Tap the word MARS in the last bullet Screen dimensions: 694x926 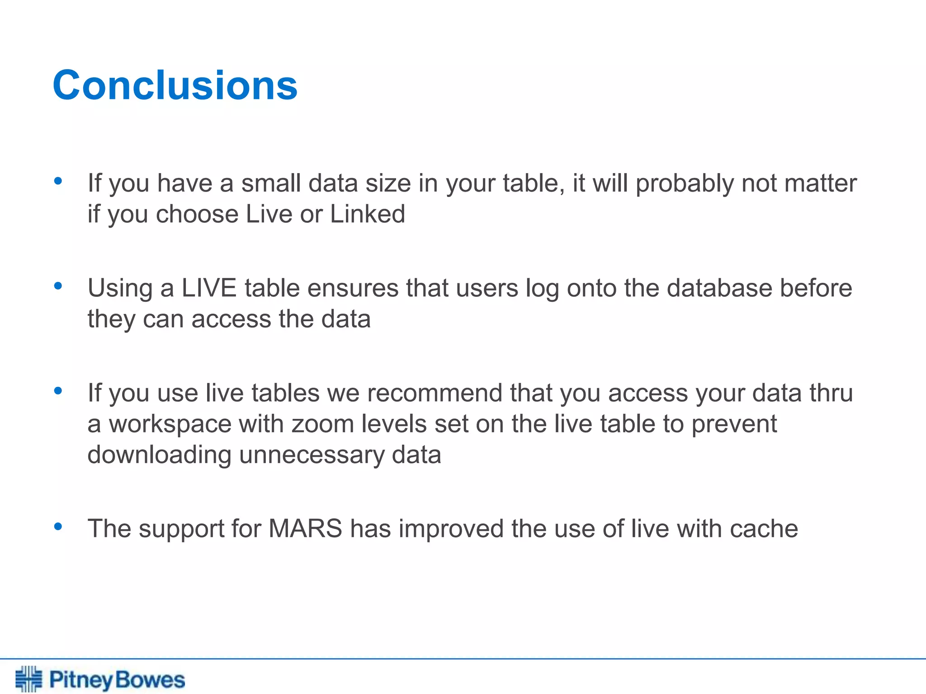pyautogui.click(x=305, y=528)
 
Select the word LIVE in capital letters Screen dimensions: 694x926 pyautogui.click(x=209, y=288)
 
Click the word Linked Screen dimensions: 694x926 pyautogui.click(x=367, y=214)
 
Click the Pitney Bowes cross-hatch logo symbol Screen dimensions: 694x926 pyautogui.click(x=28, y=679)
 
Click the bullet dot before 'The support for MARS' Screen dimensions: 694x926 pyautogui.click(x=57, y=526)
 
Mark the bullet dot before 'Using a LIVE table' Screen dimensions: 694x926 pyautogui.click(x=57, y=286)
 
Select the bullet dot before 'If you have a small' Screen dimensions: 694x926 pyautogui.click(x=57, y=181)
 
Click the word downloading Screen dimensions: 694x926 pyautogui.click(x=159, y=455)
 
